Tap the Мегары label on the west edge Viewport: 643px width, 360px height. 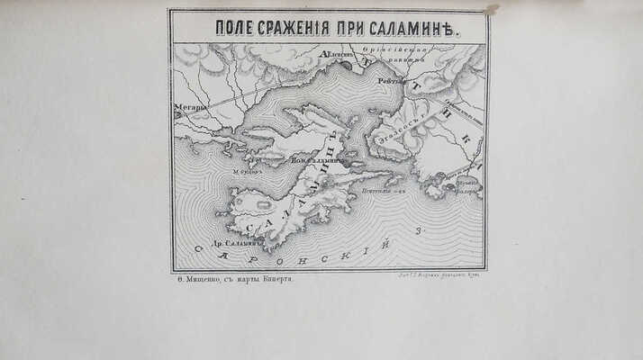190,107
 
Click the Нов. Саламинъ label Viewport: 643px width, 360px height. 321,159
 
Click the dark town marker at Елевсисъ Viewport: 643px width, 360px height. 345,65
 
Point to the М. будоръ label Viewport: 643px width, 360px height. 246,171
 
